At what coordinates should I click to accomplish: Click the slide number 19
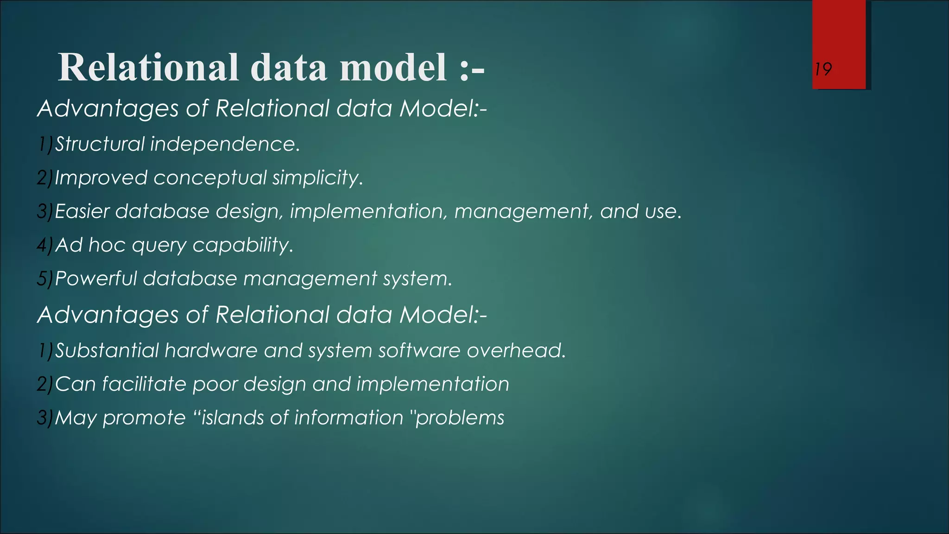(x=823, y=70)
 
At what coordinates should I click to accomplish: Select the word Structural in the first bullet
(x=100, y=144)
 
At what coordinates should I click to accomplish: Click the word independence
(x=225, y=144)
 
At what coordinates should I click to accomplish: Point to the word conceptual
(x=210, y=178)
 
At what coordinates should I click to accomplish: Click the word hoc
(x=107, y=245)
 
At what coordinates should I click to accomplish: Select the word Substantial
(x=107, y=350)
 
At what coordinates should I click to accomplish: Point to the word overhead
(x=516, y=350)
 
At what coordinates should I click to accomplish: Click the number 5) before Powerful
(x=45, y=279)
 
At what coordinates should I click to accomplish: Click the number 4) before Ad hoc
(x=45, y=245)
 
